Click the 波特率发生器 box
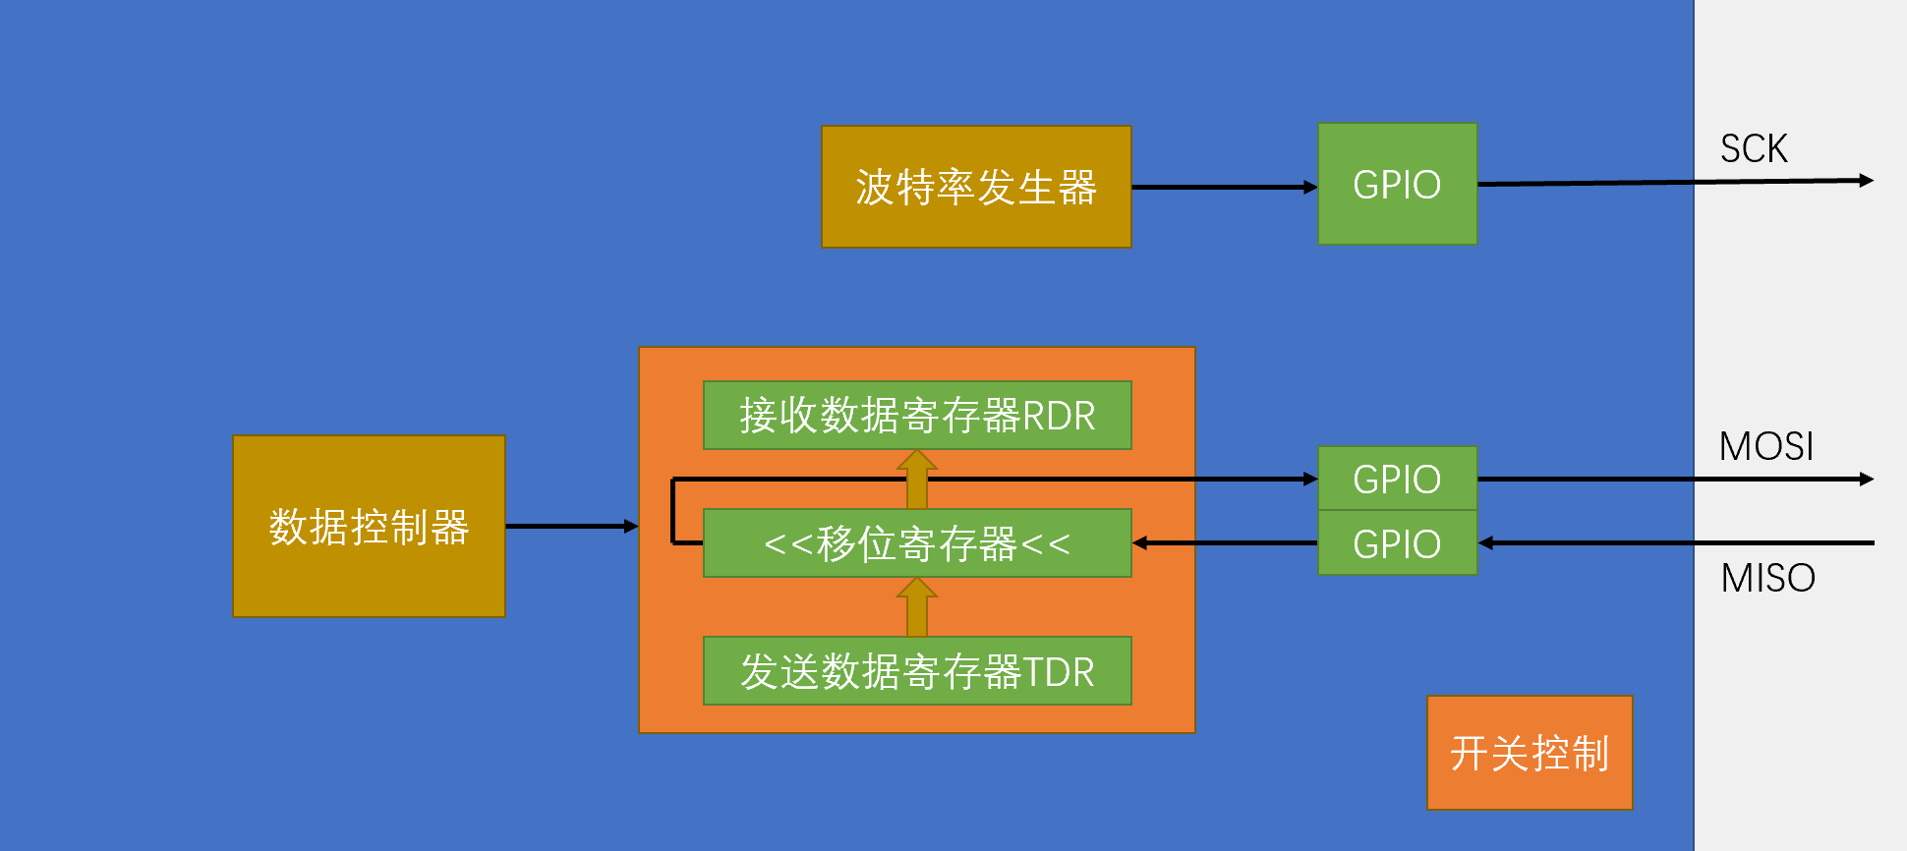click(976, 187)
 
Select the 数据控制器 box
click(369, 526)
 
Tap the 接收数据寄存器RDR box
click(917, 415)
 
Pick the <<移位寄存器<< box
click(917, 542)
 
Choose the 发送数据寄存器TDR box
click(917, 670)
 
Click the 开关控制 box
click(1530, 753)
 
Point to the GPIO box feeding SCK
click(1397, 184)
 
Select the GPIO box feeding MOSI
click(1397, 479)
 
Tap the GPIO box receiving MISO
click(1397, 542)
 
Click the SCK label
click(1754, 149)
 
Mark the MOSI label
click(1766, 446)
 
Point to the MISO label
click(1767, 578)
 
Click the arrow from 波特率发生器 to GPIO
click(1225, 187)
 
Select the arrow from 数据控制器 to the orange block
click(572, 526)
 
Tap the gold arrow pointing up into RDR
click(917, 480)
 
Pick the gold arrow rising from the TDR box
click(917, 607)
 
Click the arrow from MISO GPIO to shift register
click(1225, 542)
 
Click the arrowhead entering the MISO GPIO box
click(1485, 542)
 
